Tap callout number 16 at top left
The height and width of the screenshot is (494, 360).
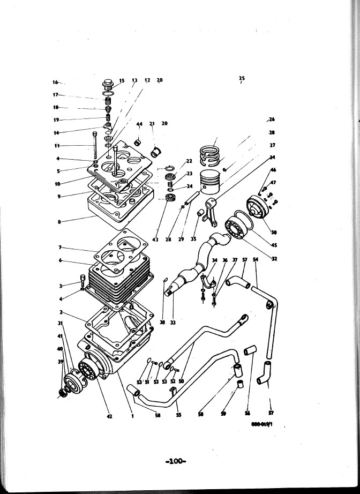[x=55, y=82]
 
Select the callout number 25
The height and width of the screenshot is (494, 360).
[x=242, y=78]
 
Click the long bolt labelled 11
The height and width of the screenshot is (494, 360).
[x=95, y=146]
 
